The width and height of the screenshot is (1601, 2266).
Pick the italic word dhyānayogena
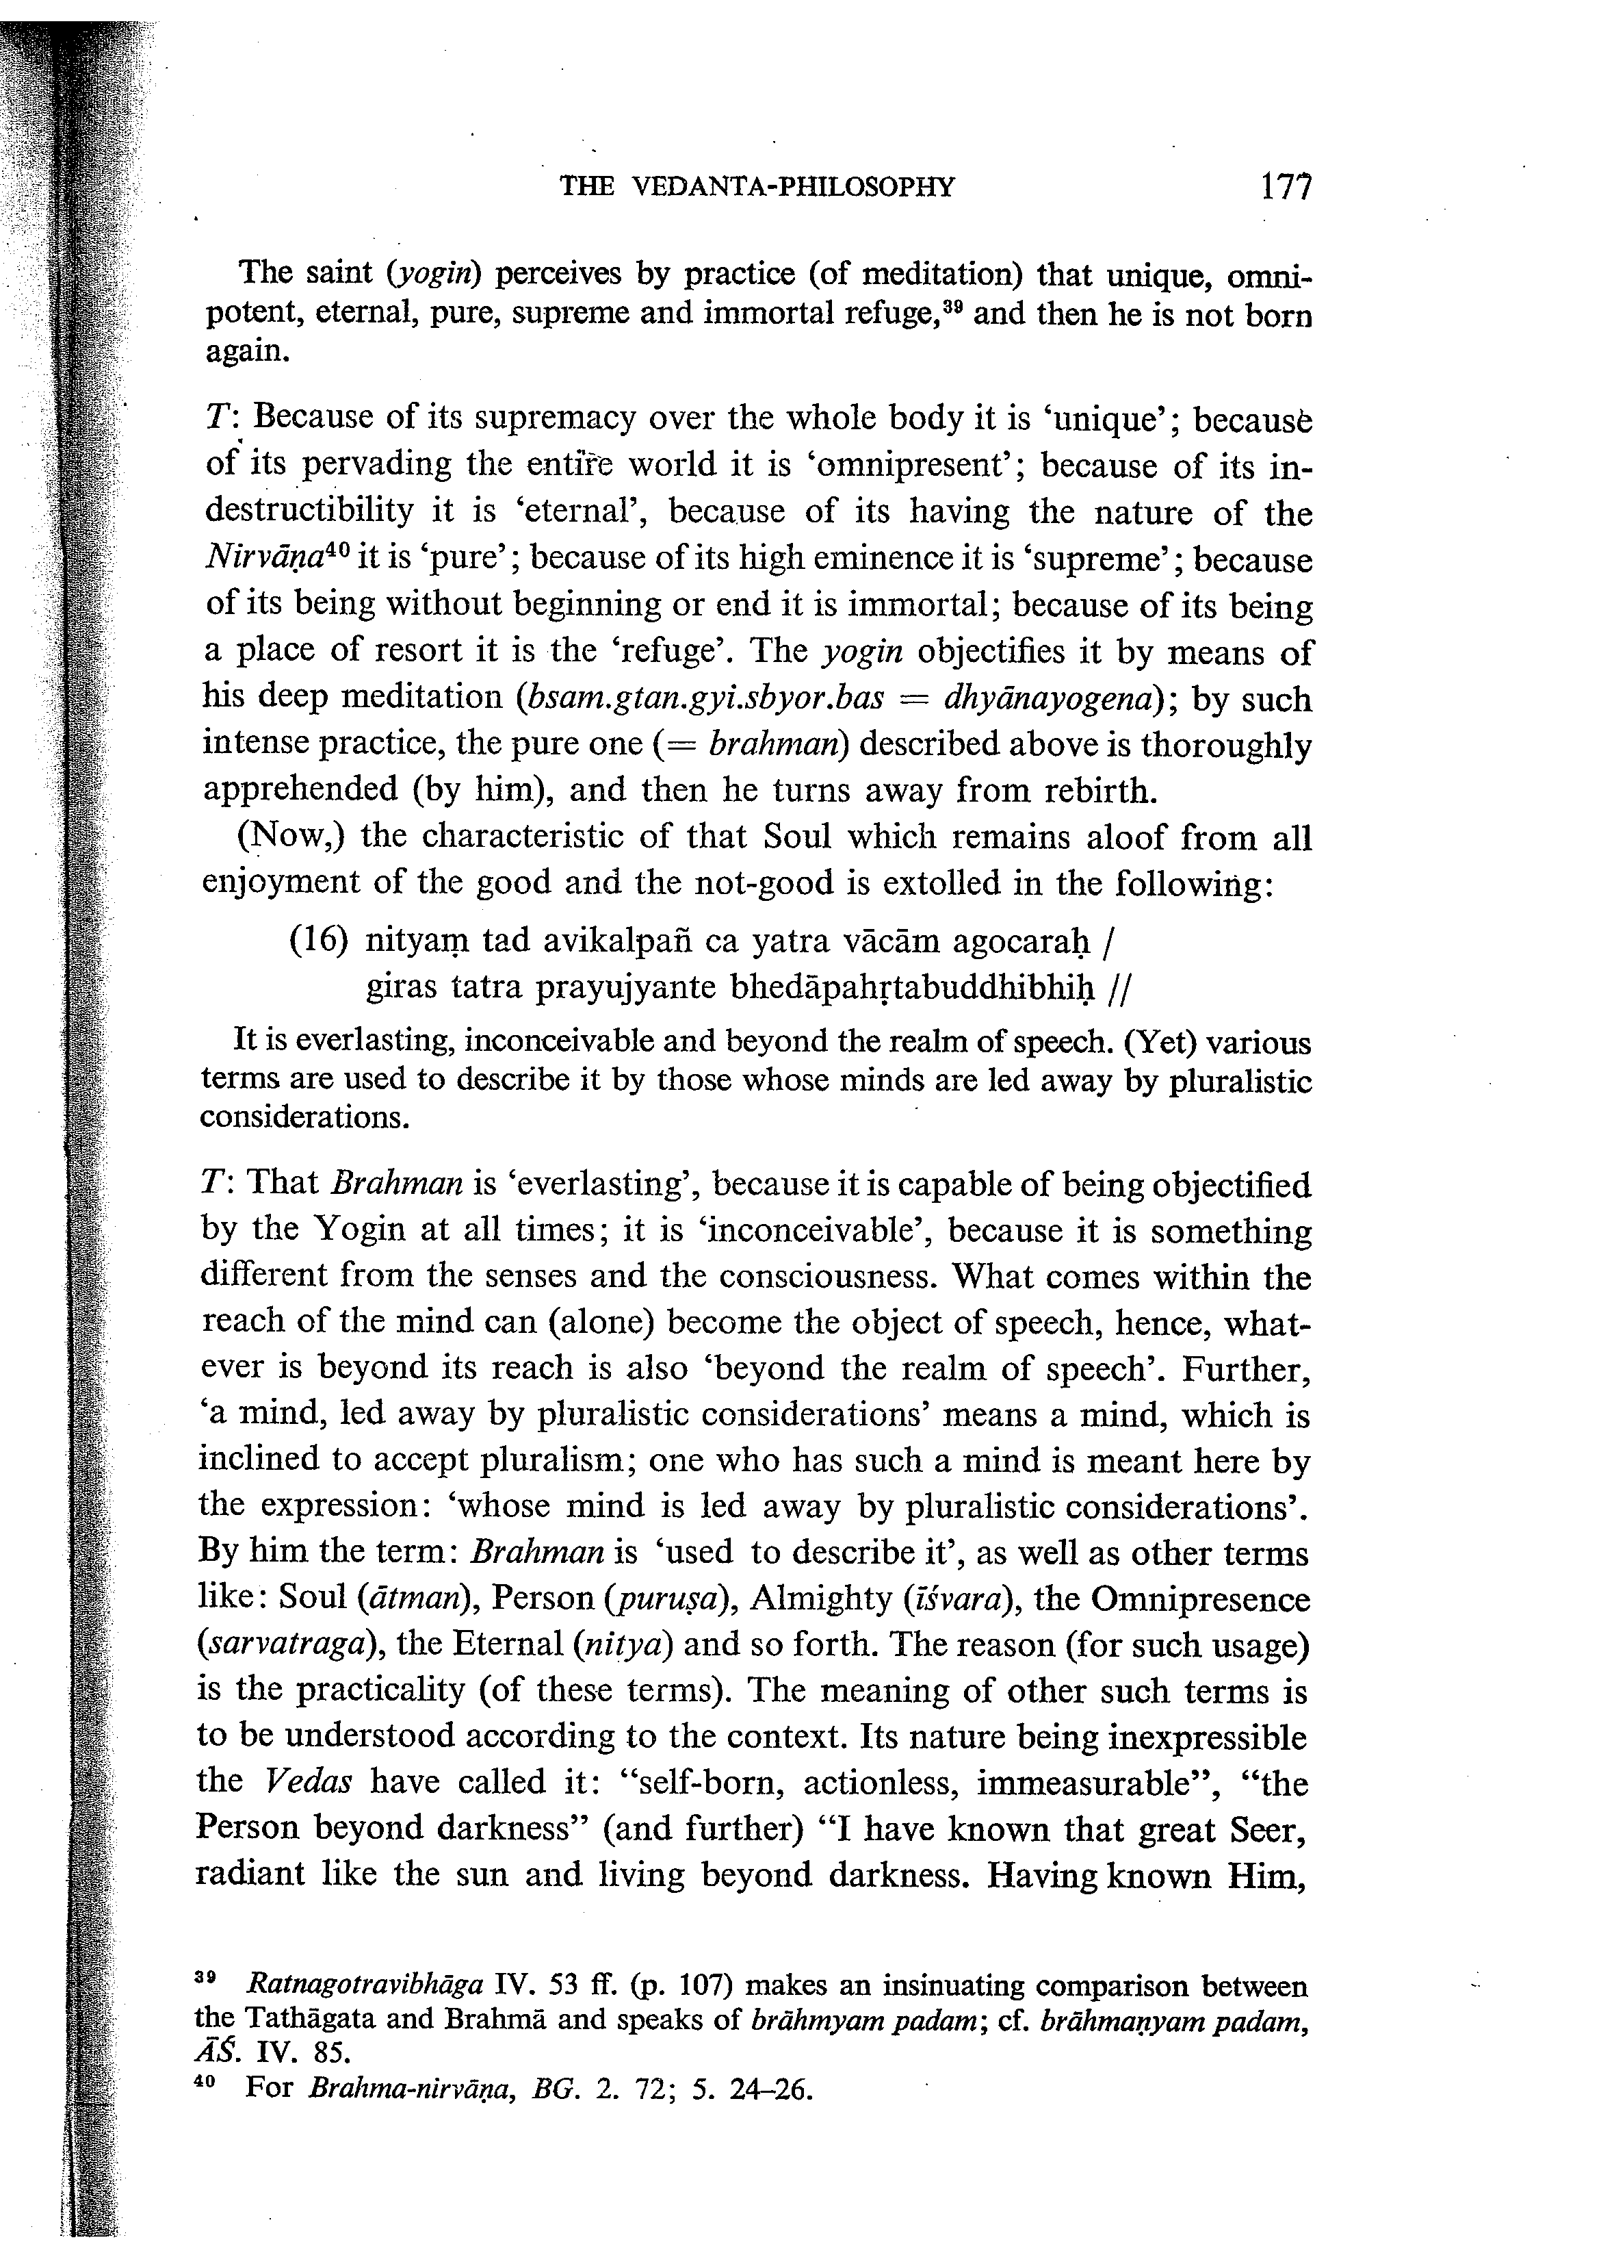(1056, 699)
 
